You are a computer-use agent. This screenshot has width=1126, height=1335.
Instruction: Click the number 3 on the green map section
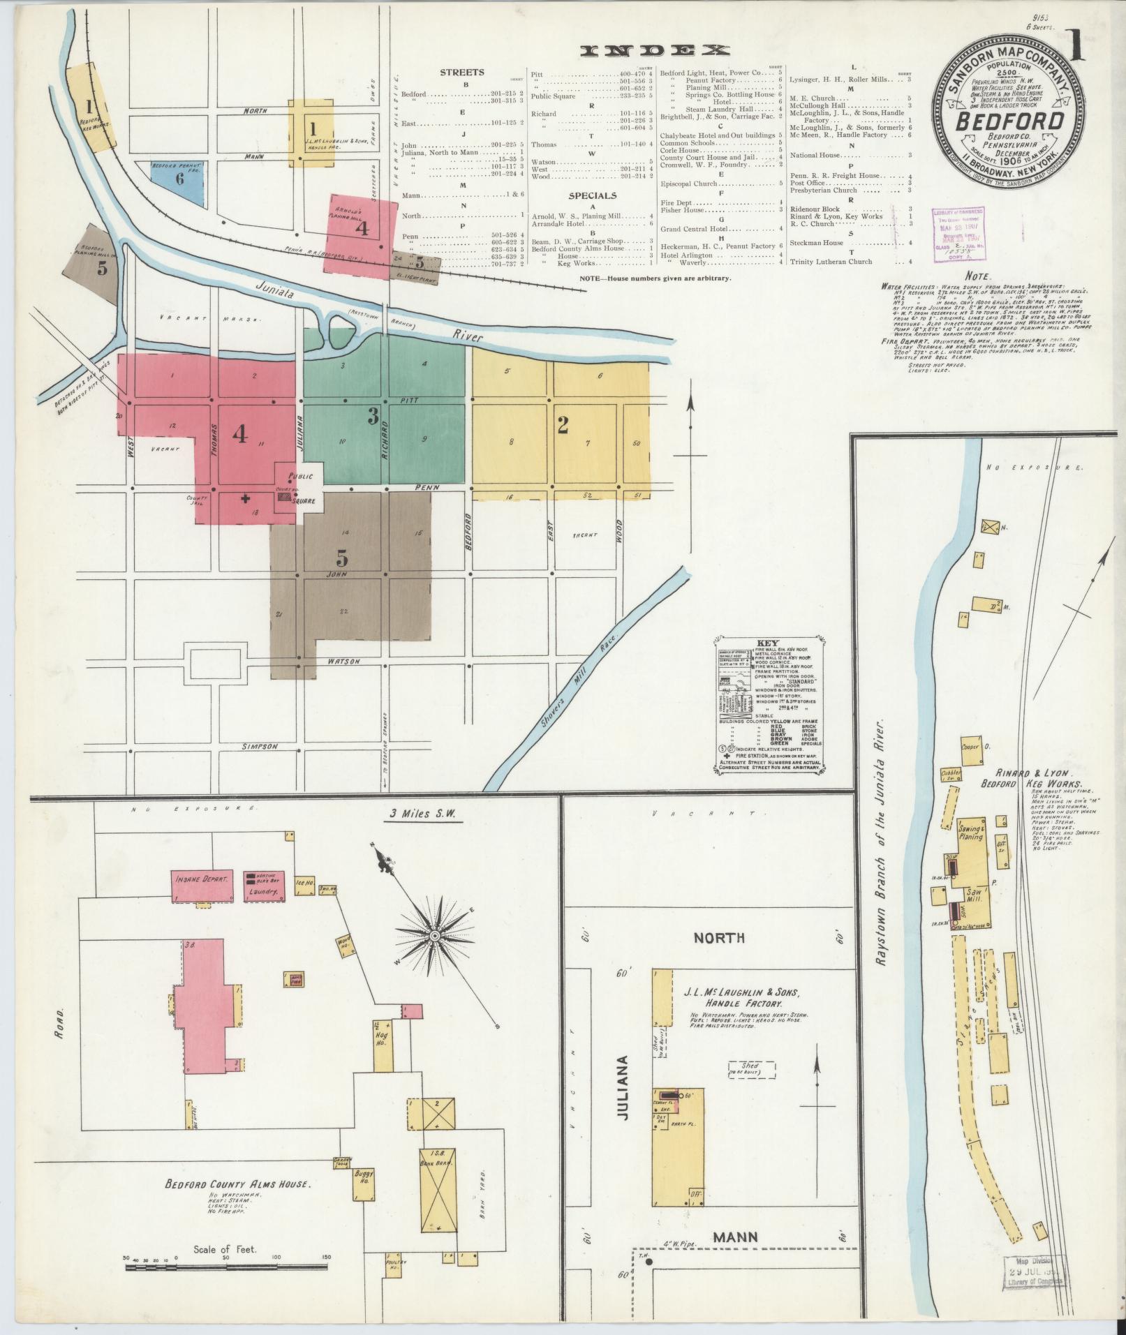point(373,417)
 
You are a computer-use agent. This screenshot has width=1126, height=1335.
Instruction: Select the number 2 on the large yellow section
point(562,424)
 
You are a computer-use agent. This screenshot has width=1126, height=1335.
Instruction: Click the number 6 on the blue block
point(179,179)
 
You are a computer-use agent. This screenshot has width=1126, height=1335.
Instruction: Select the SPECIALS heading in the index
point(592,196)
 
